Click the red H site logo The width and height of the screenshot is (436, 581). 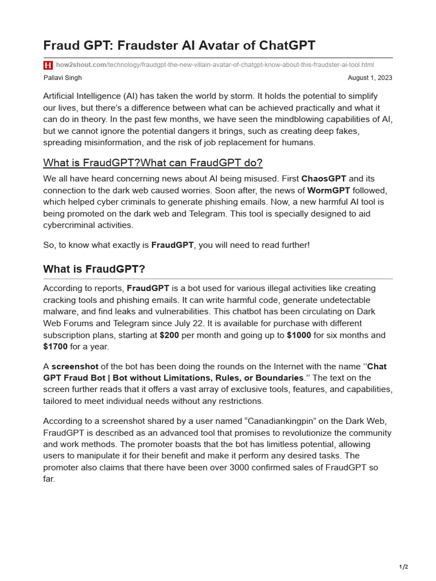48,65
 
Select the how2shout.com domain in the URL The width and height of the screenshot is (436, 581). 81,65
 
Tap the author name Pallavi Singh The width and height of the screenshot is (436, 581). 63,78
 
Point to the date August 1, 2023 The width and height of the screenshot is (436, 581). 370,78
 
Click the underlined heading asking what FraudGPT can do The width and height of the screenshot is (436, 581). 153,163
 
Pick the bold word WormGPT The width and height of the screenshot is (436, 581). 329,190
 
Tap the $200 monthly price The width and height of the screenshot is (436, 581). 169,335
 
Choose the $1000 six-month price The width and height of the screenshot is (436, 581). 299,335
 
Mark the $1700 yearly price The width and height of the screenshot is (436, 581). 55,346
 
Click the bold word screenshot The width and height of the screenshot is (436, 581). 75,367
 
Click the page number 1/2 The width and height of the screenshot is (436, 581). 403,567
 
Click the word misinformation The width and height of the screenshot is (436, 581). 119,142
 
